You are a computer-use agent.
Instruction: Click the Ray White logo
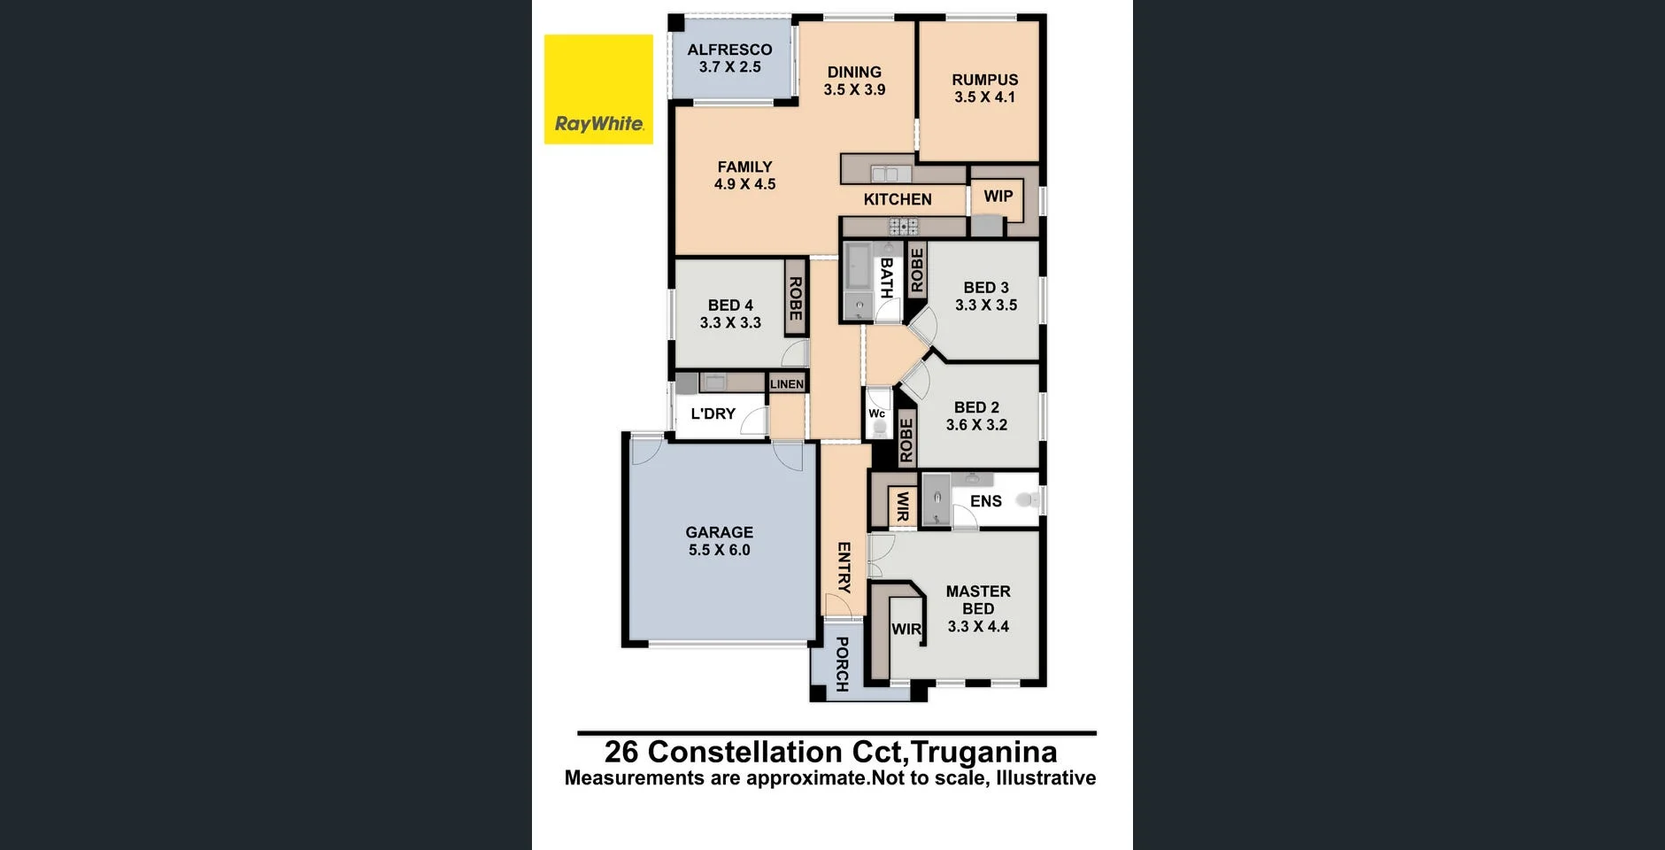coord(598,89)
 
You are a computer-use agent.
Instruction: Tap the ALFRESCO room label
coord(729,50)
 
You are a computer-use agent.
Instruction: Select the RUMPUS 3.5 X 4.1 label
coord(984,89)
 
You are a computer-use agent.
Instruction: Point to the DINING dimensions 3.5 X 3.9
coord(854,89)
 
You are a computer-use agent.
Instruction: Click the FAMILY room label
coord(744,166)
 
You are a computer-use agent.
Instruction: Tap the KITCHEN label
coord(897,199)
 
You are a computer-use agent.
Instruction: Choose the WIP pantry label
coord(998,197)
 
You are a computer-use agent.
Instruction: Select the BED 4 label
coord(730,305)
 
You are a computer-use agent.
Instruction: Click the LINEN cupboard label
coord(786,384)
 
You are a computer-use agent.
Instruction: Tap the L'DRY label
coord(713,413)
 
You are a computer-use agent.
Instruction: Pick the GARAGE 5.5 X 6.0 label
coord(719,541)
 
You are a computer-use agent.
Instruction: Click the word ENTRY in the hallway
coord(844,568)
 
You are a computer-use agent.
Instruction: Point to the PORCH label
coord(842,664)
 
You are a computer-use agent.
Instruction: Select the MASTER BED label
coord(977,599)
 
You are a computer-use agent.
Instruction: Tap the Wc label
coord(876,413)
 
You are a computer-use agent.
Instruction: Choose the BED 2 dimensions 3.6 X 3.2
coord(976,425)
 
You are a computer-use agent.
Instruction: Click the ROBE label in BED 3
coord(916,270)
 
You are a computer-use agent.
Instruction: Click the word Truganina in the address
coord(983,752)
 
